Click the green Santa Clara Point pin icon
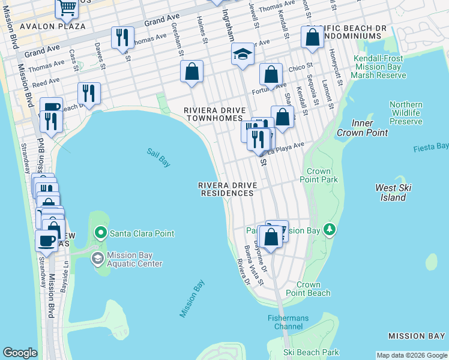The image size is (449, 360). [101, 233]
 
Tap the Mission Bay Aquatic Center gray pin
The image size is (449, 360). [97, 259]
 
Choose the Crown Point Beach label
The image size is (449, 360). [313, 289]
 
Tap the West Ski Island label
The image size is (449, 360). [393, 193]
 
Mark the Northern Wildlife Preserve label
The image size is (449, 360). [406, 113]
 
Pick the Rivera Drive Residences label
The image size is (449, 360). [227, 189]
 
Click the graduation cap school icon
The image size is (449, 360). [243, 55]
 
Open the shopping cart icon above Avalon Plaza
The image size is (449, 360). [67, 8]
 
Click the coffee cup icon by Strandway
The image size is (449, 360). [46, 241]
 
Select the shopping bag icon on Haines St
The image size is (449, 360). [191, 72]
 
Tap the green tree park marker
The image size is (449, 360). [328, 229]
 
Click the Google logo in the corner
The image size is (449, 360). [20, 353]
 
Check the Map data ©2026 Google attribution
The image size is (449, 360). [412, 355]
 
